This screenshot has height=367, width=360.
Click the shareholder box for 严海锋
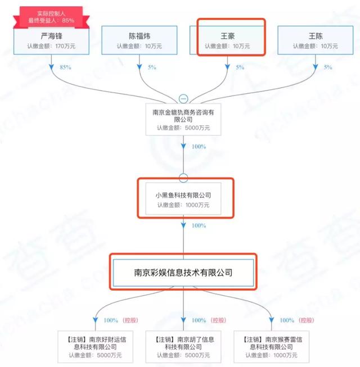pyautogui.click(x=51, y=40)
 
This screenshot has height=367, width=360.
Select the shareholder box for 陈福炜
pyautogui.click(x=139, y=40)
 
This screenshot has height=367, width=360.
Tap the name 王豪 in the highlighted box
pyautogui.click(x=227, y=36)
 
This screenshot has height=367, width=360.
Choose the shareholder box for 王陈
pyautogui.click(x=315, y=40)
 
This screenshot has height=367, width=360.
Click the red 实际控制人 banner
pyautogui.click(x=51, y=17)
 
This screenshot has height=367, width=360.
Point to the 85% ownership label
pyautogui.click(x=65, y=67)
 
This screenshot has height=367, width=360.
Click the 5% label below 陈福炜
pyautogui.click(x=152, y=67)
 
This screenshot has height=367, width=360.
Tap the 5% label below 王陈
pyautogui.click(x=328, y=67)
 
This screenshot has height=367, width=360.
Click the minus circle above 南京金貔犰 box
pyautogui.click(x=183, y=98)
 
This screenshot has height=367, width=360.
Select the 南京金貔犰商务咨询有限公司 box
pyautogui.click(x=183, y=119)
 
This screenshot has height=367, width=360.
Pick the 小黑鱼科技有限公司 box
pyautogui.click(x=183, y=199)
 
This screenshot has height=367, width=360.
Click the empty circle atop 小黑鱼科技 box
pyautogui.click(x=183, y=178)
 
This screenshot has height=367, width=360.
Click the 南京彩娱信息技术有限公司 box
pyautogui.click(x=183, y=273)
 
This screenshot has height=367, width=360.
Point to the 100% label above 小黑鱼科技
pyautogui.click(x=199, y=147)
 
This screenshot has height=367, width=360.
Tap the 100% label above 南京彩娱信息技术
pyautogui.click(x=199, y=225)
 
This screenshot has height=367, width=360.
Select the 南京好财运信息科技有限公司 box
pyautogui.click(x=95, y=347)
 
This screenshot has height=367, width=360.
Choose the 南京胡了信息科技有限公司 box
pyautogui.click(x=183, y=347)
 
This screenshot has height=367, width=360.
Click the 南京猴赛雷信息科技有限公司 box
pyautogui.click(x=272, y=347)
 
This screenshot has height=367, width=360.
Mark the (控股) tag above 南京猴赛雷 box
pyautogui.click(x=307, y=320)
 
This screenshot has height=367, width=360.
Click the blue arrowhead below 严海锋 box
pyautogui.click(x=52, y=67)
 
